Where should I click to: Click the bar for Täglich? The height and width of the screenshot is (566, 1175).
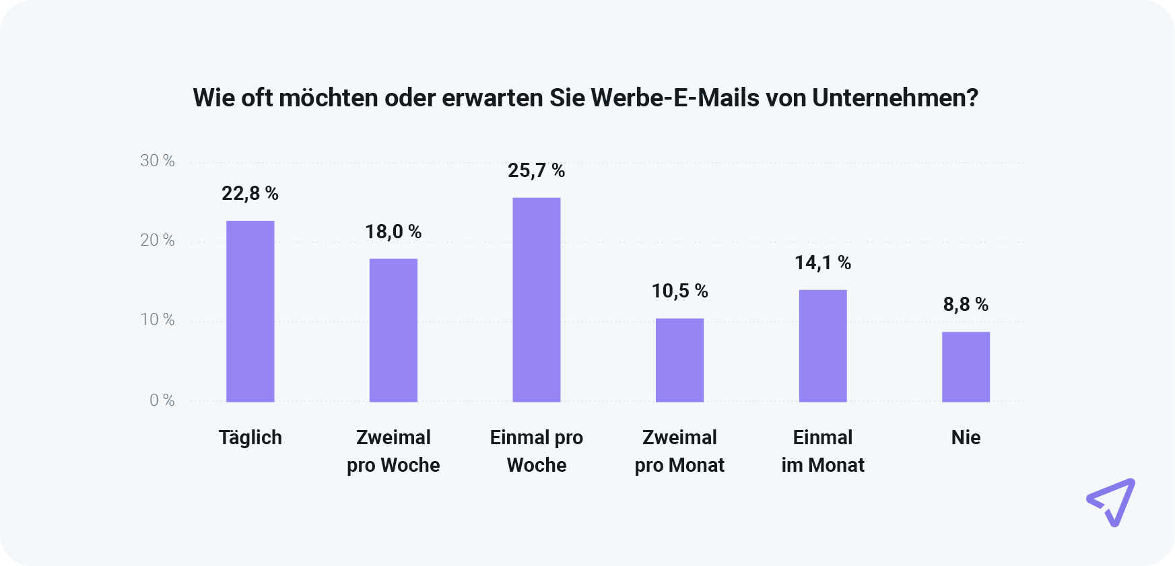pyautogui.click(x=250, y=311)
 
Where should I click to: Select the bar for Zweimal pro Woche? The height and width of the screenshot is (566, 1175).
pyautogui.click(x=393, y=330)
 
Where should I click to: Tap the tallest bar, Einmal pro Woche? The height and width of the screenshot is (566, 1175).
pyautogui.click(x=537, y=299)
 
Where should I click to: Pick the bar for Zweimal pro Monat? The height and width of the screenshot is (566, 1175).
pyautogui.click(x=679, y=360)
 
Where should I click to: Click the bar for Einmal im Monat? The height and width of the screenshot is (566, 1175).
pyautogui.click(x=823, y=346)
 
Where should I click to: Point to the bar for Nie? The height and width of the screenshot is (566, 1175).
pyautogui.click(x=966, y=367)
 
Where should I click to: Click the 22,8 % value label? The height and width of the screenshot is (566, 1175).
pyautogui.click(x=250, y=194)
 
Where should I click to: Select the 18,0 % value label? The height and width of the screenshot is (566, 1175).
pyautogui.click(x=393, y=232)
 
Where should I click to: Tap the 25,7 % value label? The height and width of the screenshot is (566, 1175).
pyautogui.click(x=537, y=171)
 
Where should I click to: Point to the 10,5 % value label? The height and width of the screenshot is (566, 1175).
pyautogui.click(x=679, y=291)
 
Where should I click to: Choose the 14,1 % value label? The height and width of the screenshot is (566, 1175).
pyautogui.click(x=823, y=263)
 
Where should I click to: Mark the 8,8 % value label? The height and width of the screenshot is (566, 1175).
pyautogui.click(x=966, y=305)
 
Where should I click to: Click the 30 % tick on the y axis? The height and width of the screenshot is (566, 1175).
pyautogui.click(x=158, y=161)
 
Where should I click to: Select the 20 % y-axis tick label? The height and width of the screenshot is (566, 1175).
pyautogui.click(x=158, y=240)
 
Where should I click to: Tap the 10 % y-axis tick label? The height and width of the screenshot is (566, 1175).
pyautogui.click(x=158, y=320)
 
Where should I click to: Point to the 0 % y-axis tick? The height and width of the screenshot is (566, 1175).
pyautogui.click(x=162, y=400)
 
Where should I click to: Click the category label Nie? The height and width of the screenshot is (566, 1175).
pyautogui.click(x=966, y=437)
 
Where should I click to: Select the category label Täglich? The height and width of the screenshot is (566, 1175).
pyautogui.click(x=250, y=438)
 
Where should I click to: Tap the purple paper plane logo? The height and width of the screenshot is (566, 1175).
pyautogui.click(x=1112, y=502)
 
